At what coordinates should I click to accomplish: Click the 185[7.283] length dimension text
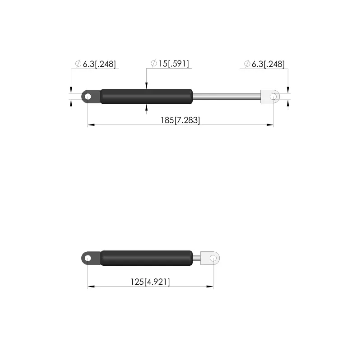(180, 120)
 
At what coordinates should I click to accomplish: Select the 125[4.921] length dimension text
(150, 282)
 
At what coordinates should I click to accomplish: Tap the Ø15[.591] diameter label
(170, 64)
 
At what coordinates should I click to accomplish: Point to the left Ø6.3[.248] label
(96, 64)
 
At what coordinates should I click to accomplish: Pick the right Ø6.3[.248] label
(264, 64)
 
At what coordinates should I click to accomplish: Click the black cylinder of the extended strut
(146, 97)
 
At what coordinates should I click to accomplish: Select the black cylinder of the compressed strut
(146, 258)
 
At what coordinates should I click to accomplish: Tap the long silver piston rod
(227, 97)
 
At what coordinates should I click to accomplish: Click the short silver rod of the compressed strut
(197, 258)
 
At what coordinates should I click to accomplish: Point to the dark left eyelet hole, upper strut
(88, 97)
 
